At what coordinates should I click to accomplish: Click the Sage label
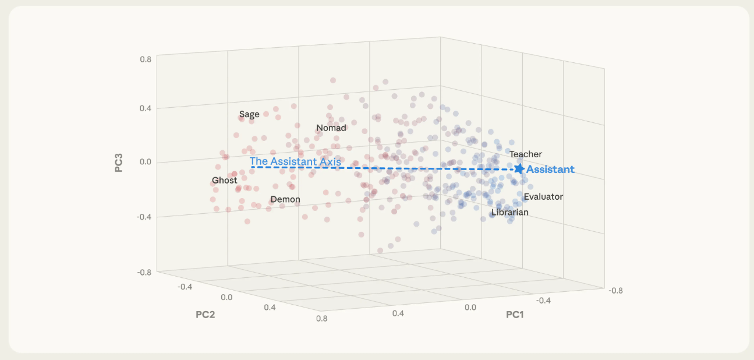[x=249, y=114]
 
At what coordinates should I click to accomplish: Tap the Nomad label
[x=331, y=128]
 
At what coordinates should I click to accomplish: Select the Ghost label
[x=224, y=181]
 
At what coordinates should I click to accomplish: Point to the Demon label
[x=285, y=199]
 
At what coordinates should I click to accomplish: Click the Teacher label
[x=526, y=154]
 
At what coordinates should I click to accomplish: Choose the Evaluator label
[x=543, y=197]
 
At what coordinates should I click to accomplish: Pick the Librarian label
[x=509, y=213]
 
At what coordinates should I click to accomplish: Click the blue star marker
[x=519, y=169]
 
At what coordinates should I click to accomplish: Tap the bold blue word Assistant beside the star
[x=550, y=170]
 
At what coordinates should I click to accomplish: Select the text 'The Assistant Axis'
[x=295, y=161]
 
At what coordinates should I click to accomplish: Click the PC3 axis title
[x=119, y=163]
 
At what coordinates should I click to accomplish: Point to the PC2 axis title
[x=206, y=315]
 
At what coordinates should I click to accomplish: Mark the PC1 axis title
[x=515, y=315]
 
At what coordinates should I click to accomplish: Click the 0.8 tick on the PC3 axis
[x=146, y=59]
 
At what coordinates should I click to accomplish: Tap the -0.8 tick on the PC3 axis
[x=144, y=271]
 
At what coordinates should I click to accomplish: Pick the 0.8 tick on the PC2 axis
[x=320, y=318]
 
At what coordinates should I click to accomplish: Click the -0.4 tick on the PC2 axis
[x=185, y=286]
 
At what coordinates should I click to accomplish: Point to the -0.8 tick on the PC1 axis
[x=614, y=290]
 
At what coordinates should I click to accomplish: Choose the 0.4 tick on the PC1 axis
[x=398, y=313]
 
